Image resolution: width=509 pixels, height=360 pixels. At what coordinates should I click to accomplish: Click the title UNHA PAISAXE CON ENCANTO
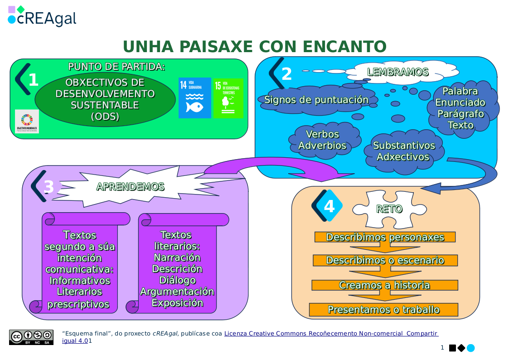point(254,47)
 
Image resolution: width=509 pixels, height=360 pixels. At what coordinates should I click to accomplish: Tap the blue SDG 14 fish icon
point(194,98)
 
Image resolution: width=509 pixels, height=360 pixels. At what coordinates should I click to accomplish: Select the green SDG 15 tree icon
point(228,98)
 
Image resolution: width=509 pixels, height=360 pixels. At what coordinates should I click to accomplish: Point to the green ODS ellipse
point(105,100)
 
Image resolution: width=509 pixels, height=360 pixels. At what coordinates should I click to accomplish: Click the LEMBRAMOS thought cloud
point(398,72)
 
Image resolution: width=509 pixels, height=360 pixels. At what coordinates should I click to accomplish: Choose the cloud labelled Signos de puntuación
point(316,100)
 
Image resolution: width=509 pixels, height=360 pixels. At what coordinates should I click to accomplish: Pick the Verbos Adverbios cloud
point(322,140)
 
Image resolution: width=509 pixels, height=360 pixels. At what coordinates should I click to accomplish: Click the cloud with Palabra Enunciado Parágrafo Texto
point(461,108)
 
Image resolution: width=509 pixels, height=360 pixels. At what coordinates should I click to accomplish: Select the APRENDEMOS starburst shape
point(131,187)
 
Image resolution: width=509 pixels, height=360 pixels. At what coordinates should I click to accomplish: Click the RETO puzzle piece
point(389,209)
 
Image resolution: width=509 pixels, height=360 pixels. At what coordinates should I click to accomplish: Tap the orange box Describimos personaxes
point(385,237)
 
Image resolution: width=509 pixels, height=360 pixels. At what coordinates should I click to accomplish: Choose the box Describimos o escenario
point(385,260)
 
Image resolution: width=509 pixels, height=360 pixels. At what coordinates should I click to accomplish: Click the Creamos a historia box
point(384,285)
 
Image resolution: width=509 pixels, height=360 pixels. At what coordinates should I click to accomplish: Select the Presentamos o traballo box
point(383,310)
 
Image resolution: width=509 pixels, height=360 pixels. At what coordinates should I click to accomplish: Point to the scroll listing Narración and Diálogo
point(177,268)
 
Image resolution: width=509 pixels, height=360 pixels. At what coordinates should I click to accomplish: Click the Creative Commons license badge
point(31,337)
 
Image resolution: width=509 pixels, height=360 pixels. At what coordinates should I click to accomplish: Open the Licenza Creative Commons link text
point(331,334)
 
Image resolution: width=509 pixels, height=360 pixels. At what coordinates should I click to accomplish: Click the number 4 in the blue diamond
point(329,206)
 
